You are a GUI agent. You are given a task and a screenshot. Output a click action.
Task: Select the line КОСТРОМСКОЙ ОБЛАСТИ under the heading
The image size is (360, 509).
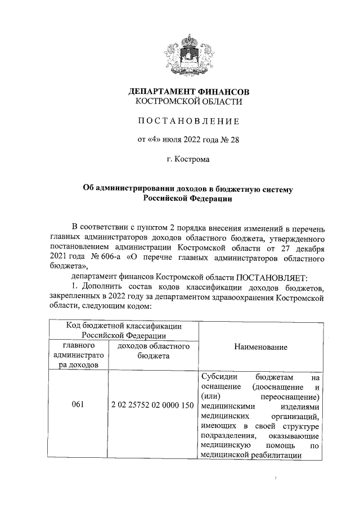189,102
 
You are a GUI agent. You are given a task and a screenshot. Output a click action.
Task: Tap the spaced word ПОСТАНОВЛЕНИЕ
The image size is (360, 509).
189,121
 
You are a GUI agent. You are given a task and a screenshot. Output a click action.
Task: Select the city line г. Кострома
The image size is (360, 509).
188,160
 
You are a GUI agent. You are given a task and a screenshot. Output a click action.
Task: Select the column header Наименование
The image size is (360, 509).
261,347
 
